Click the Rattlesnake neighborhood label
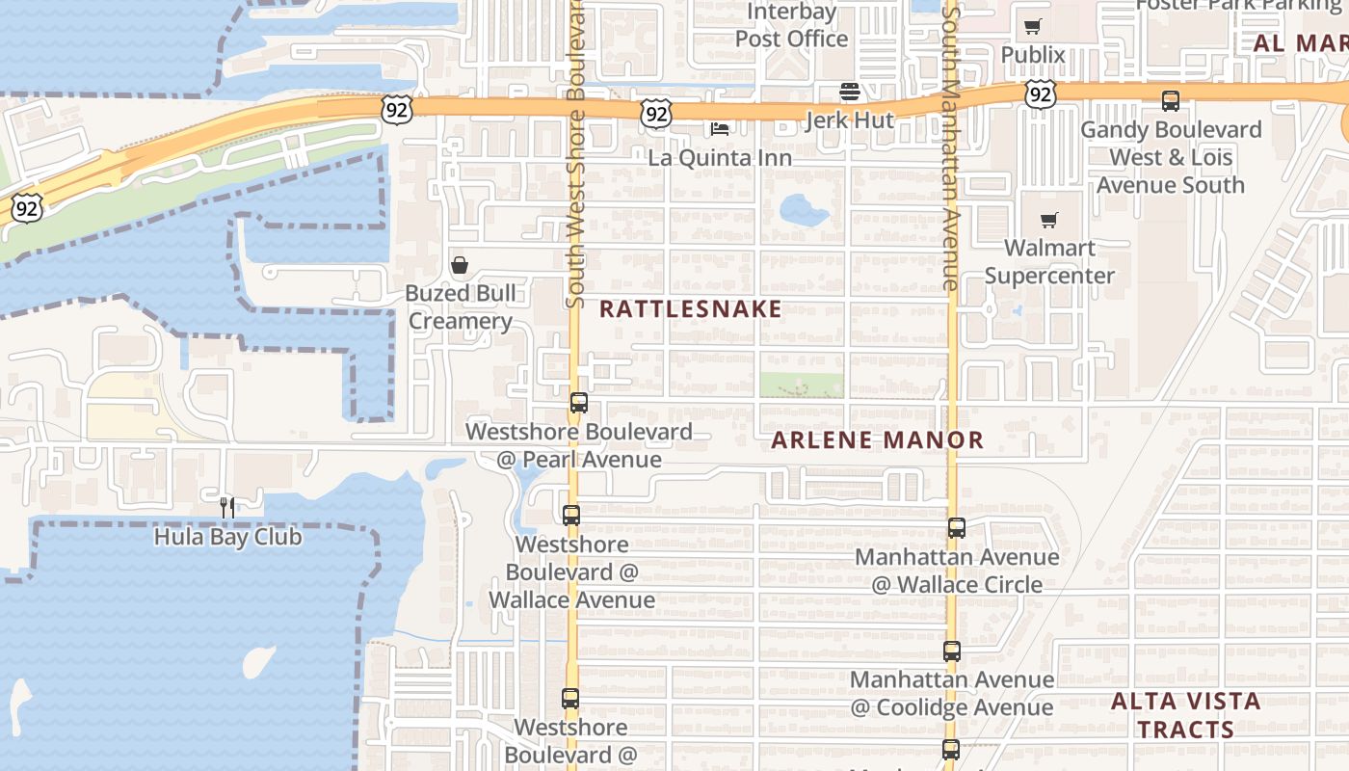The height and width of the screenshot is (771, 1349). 690,309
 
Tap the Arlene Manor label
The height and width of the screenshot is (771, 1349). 878,440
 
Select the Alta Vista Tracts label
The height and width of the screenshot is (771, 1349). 1185,715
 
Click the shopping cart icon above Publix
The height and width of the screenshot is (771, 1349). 1033,27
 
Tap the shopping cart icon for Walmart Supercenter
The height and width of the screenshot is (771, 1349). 1048,221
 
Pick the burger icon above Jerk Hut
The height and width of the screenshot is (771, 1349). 849,92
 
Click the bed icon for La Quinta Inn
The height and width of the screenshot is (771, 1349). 720,129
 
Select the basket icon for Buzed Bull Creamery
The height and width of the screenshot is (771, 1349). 460,265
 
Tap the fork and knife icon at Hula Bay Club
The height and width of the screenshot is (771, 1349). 227,507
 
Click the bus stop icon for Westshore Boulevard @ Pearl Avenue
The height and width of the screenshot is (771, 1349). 578,403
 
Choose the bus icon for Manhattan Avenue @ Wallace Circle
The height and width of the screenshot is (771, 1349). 956,528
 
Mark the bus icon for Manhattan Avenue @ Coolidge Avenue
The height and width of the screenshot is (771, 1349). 952,651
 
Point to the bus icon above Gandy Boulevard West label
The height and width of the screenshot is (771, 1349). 1171,101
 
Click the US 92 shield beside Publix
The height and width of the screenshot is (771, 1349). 1039,93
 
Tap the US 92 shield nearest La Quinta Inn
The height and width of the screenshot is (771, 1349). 655,114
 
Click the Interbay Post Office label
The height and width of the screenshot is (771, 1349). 791,26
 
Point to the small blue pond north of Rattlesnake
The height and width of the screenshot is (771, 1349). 804,209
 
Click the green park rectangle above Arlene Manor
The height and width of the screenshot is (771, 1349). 802,385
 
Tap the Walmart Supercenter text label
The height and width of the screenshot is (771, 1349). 1049,261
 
